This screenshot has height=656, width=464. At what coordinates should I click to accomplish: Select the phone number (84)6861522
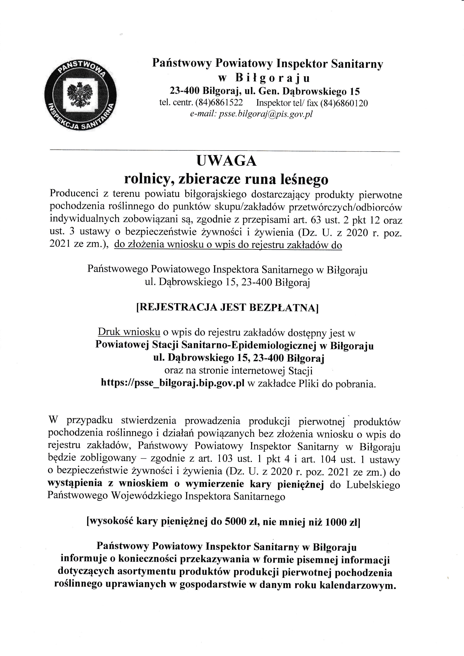click(219, 103)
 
